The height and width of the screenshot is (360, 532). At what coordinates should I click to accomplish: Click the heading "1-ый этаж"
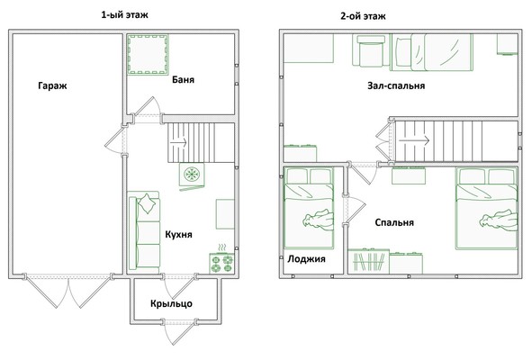124,15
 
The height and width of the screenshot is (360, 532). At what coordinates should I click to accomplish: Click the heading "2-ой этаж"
363,16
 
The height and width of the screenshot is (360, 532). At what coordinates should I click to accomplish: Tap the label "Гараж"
52,85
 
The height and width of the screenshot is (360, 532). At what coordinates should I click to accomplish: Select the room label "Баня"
184,79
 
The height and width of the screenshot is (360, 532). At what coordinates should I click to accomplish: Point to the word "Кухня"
178,235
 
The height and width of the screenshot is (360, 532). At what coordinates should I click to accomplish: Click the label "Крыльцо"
171,303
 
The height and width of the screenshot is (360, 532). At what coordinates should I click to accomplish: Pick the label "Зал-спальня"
396,85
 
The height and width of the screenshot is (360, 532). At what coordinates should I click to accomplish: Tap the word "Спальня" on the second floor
394,222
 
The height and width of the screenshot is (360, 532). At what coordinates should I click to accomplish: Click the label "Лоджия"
307,259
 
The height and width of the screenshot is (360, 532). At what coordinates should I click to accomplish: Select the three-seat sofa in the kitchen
144,230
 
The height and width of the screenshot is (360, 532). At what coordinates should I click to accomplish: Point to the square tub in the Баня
148,54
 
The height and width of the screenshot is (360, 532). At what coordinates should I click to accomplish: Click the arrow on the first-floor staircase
178,142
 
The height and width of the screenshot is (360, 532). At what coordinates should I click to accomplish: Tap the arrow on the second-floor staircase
414,140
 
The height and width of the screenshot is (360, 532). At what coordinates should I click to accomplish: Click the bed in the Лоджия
309,208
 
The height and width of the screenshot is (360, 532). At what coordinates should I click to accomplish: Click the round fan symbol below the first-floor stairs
192,174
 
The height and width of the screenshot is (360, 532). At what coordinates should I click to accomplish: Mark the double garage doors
68,290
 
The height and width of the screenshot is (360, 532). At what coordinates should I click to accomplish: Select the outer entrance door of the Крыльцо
180,331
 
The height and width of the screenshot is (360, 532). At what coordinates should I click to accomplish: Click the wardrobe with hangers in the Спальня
369,262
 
